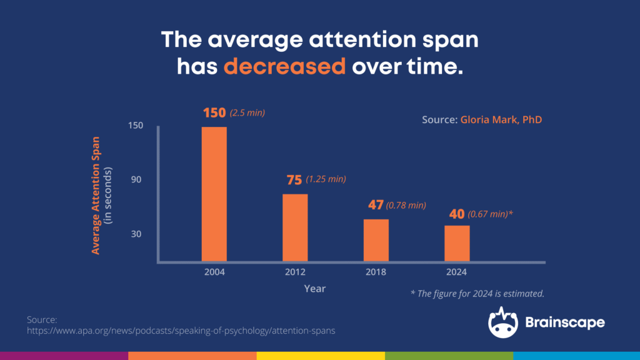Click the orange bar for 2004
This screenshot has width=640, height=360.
pyautogui.click(x=214, y=194)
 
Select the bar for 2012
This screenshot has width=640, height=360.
pyautogui.click(x=295, y=227)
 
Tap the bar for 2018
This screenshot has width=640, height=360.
pyautogui.click(x=376, y=240)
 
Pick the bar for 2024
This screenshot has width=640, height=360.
pyautogui.click(x=457, y=243)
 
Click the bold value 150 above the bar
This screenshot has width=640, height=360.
pyautogui.click(x=214, y=113)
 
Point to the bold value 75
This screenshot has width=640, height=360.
pyautogui.click(x=294, y=180)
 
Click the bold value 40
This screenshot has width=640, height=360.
pyautogui.click(x=456, y=214)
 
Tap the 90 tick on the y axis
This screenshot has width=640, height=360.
pyautogui.click(x=136, y=180)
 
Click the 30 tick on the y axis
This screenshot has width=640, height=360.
pyautogui.click(x=136, y=234)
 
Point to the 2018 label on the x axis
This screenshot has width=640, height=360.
pyautogui.click(x=376, y=272)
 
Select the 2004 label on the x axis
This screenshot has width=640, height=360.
pyautogui.click(x=214, y=272)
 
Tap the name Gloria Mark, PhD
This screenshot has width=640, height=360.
pyautogui.click(x=501, y=119)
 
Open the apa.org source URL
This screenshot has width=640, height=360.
pyautogui.click(x=181, y=331)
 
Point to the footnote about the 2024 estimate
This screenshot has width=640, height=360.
pyautogui.click(x=477, y=293)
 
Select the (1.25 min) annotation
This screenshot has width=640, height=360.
pyautogui.click(x=326, y=180)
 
